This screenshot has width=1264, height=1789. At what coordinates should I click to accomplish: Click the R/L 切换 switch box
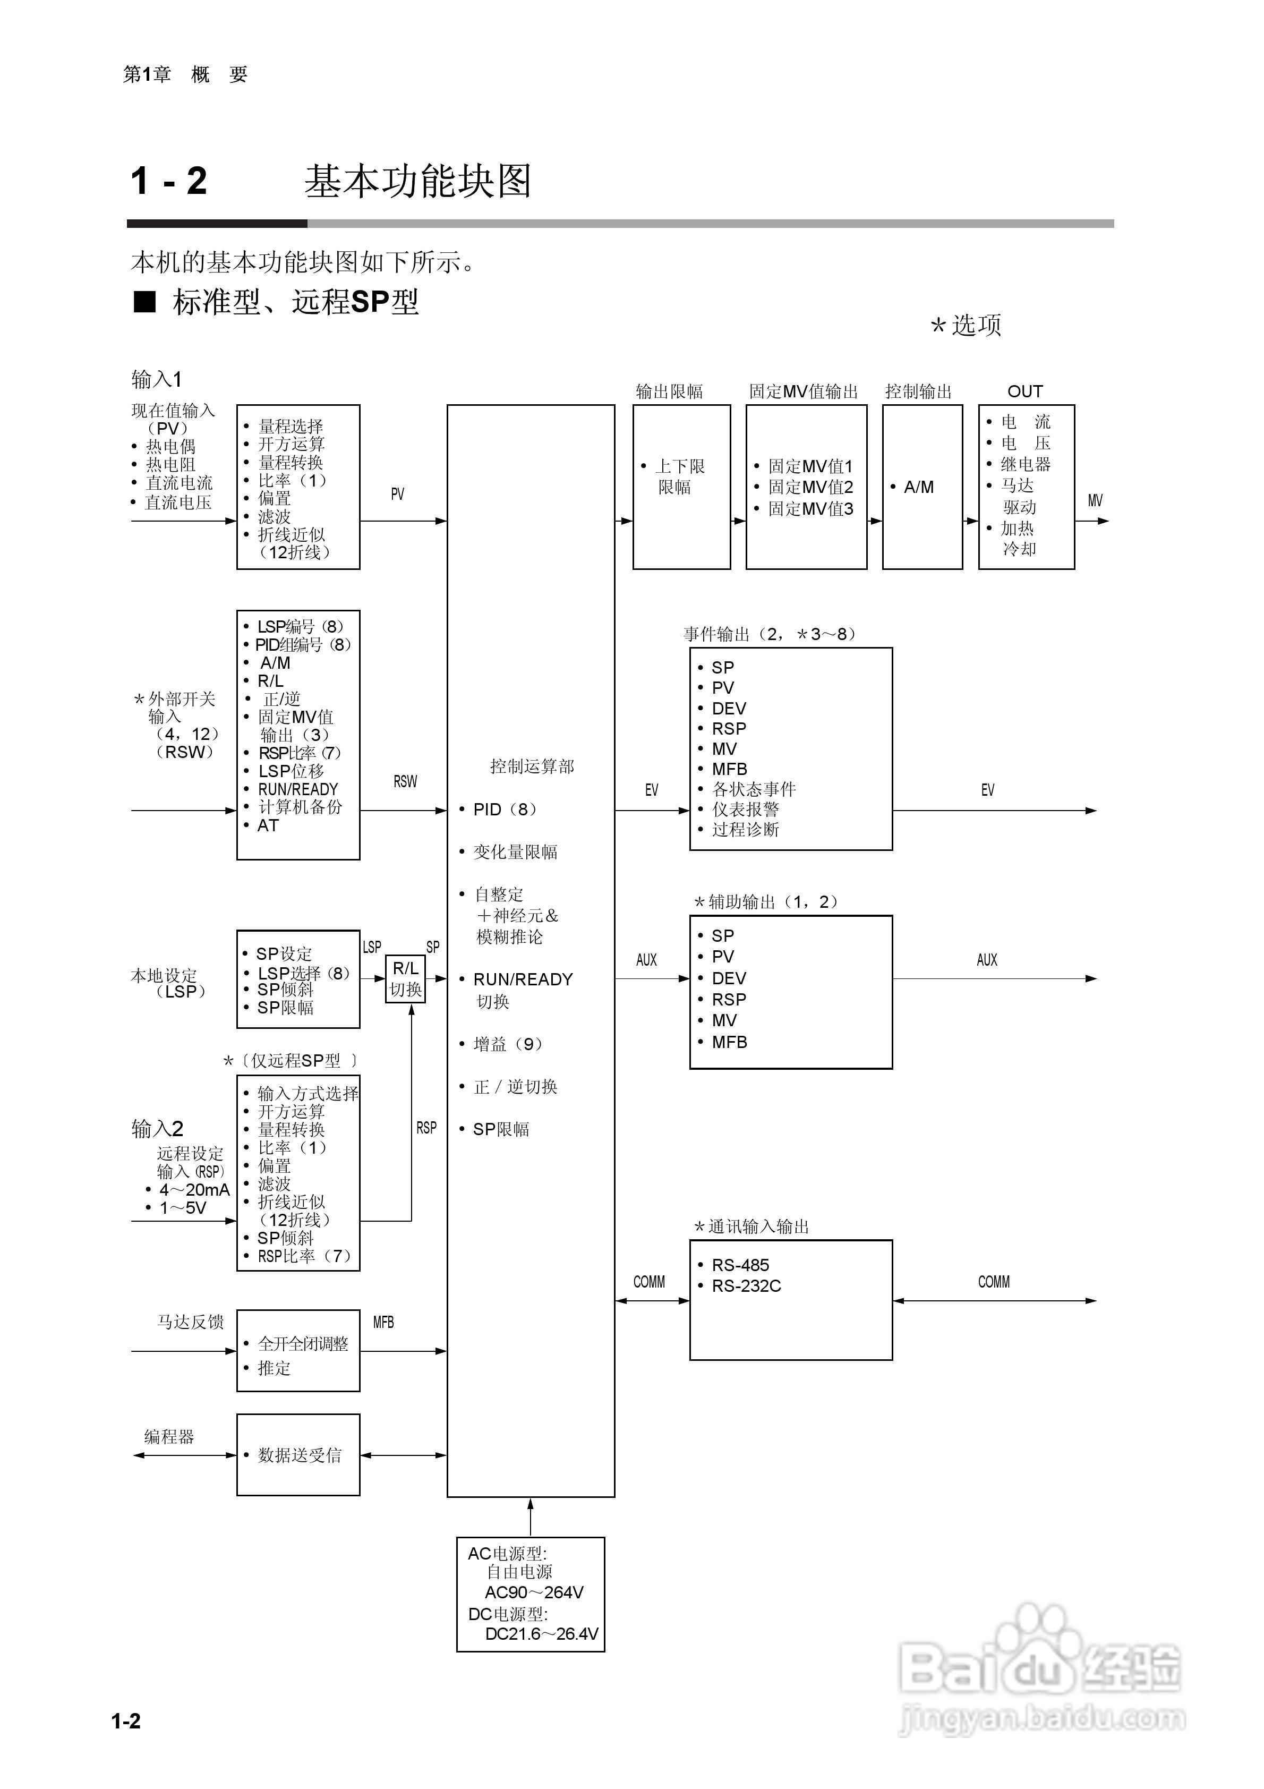pos(405,978)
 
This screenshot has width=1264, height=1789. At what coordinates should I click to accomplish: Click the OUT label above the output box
pos(1025,391)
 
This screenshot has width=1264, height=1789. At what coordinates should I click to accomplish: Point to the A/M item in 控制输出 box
pos(918,487)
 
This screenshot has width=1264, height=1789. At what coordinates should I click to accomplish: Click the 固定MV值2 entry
pos(810,487)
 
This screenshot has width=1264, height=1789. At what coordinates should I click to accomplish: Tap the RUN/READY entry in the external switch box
pos(298,789)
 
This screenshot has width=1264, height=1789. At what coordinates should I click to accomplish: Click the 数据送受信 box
pos(298,1455)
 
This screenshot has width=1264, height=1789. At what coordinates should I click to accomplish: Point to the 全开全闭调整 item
pos(302,1343)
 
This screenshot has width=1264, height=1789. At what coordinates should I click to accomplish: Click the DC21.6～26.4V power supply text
pos(541,1634)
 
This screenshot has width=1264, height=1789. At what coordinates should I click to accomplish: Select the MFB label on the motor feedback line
pos(383,1322)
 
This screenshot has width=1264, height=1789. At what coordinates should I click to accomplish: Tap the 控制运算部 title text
pos(532,766)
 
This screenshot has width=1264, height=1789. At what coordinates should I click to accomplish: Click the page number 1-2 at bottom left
pos(126,1721)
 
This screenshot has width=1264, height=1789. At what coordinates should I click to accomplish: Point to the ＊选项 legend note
pos(966,325)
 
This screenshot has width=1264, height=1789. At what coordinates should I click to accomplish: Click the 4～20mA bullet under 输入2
pos(194,1190)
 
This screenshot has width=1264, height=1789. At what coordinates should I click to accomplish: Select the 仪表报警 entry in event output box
pos(745,810)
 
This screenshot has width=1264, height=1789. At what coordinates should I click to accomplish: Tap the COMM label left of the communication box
pos(649,1282)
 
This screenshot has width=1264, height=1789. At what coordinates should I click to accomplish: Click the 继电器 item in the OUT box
pos(1025,464)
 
